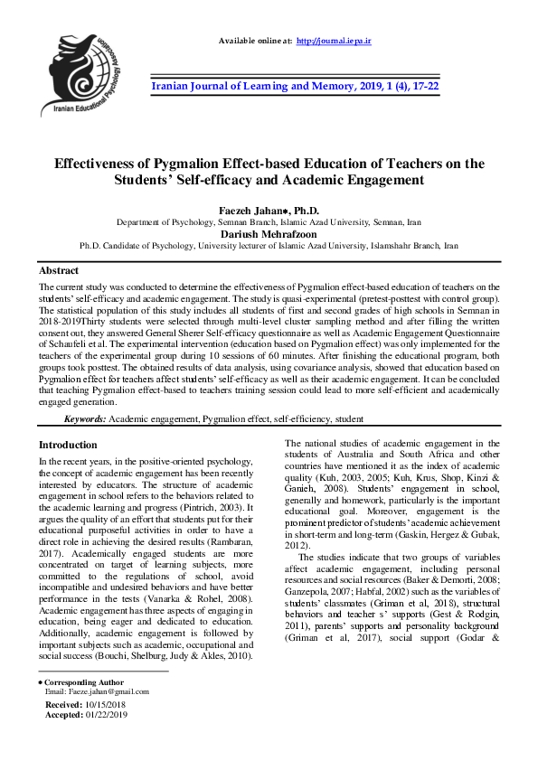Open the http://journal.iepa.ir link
[334, 42]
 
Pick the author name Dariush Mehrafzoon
[269, 232]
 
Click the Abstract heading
[59, 270]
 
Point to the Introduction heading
[68, 445]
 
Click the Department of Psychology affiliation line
[269, 221]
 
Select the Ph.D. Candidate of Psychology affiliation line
[269, 245]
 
